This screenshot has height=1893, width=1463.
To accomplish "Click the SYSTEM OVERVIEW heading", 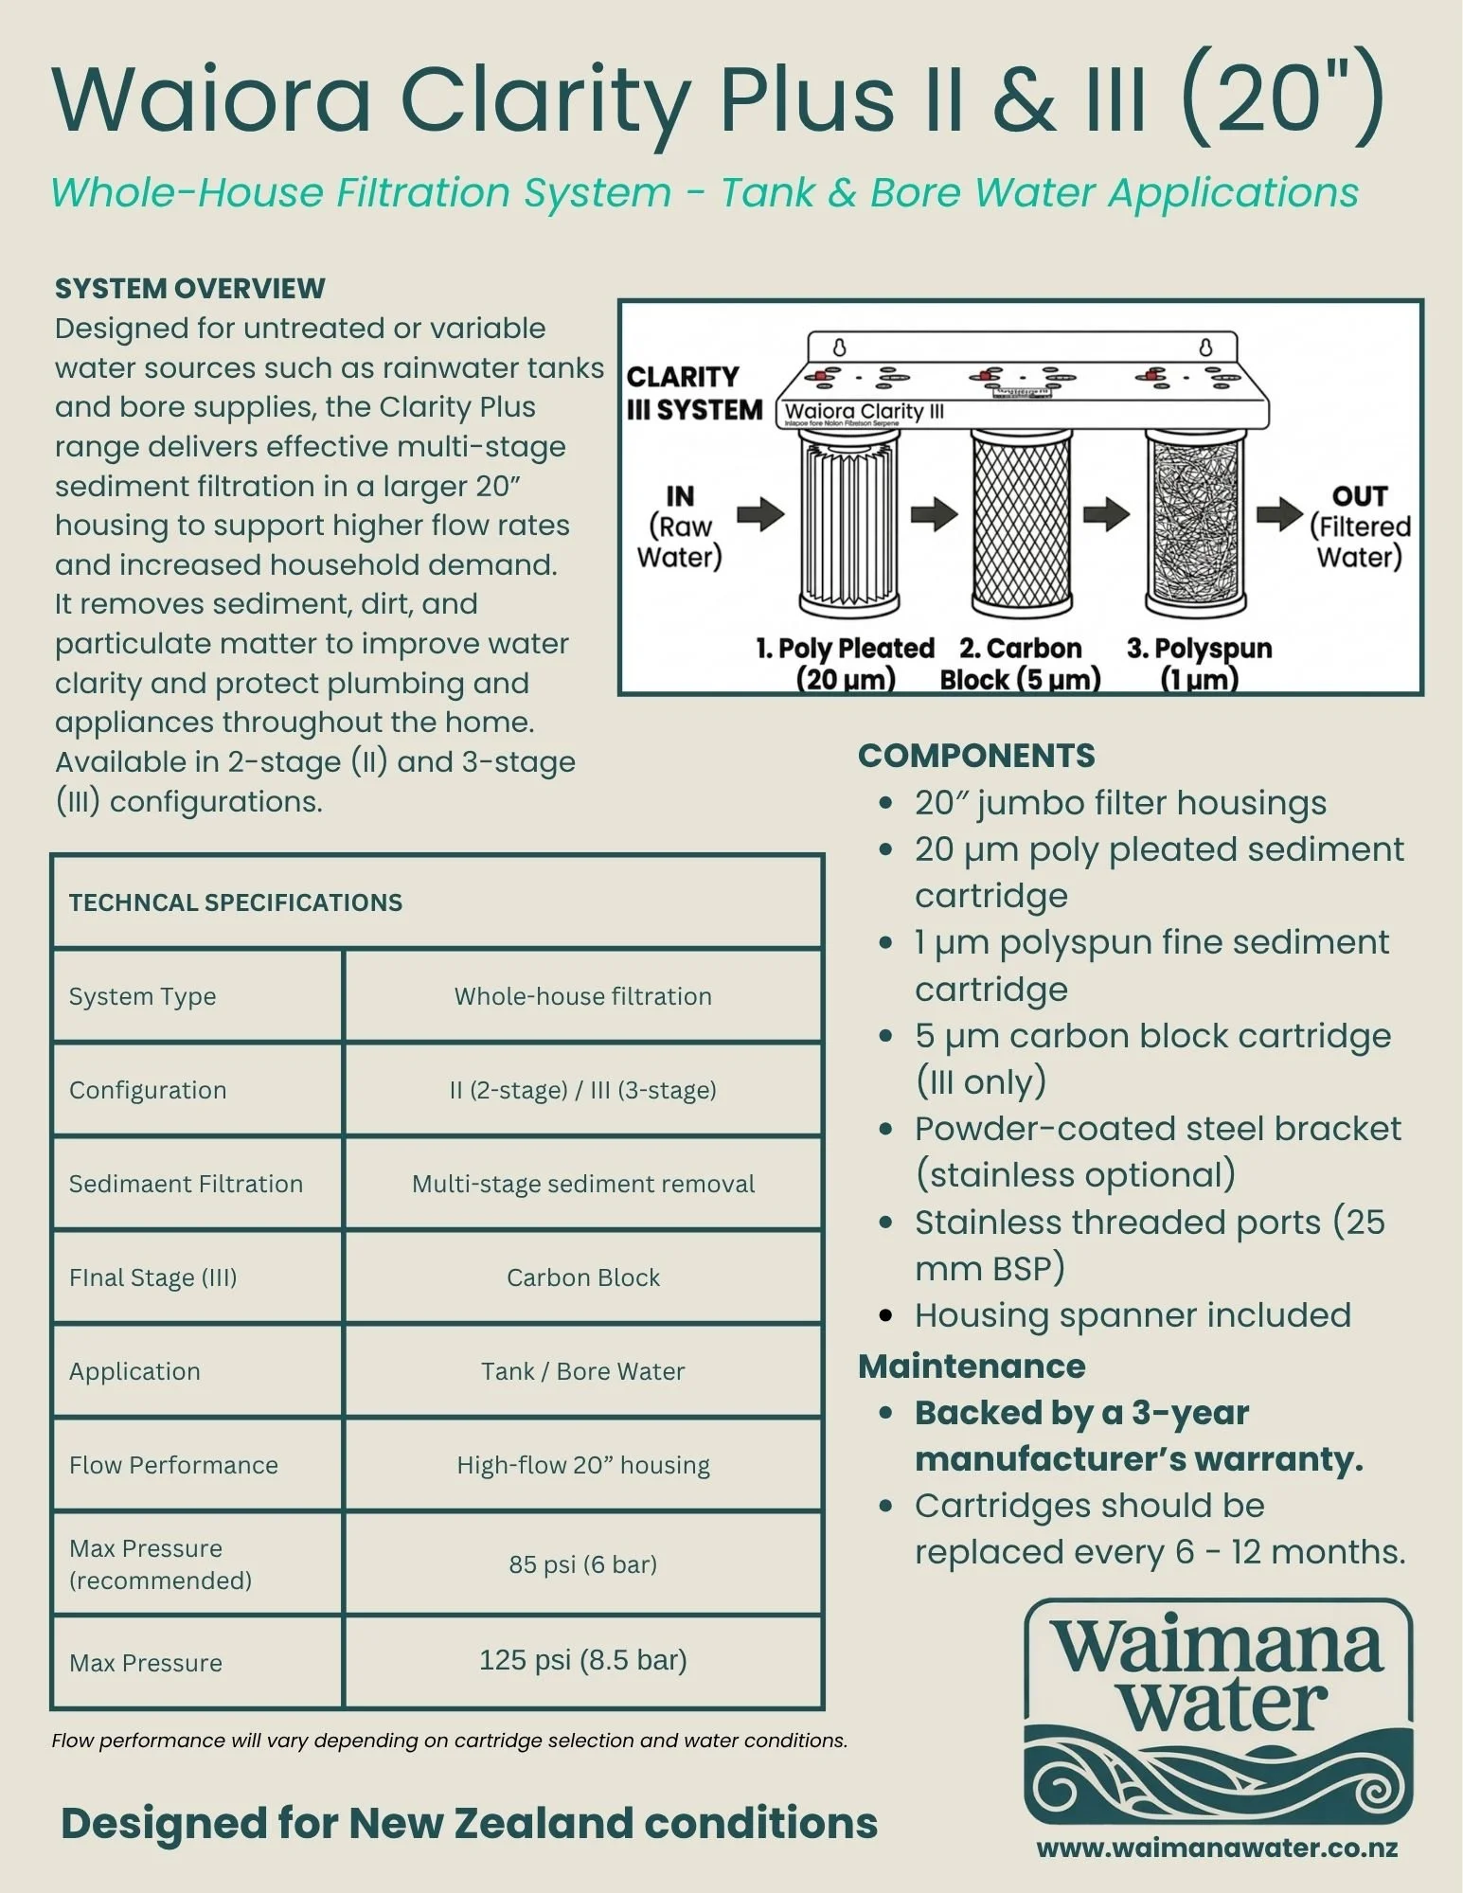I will click(189, 288).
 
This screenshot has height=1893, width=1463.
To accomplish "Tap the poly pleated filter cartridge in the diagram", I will click(848, 521).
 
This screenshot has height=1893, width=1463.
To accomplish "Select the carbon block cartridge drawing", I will click(1022, 521).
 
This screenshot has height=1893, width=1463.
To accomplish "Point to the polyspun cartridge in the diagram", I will click(1196, 521).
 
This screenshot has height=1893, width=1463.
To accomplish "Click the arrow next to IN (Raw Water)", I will click(760, 514).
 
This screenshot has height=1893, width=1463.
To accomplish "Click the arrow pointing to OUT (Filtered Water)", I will click(1279, 514).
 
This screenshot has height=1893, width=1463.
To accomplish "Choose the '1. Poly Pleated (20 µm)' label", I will click(846, 663).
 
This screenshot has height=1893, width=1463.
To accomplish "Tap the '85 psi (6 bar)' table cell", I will click(582, 1563).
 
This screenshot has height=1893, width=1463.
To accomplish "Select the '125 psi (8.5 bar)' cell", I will click(582, 1660).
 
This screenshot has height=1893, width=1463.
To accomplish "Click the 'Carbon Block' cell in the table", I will click(582, 1277).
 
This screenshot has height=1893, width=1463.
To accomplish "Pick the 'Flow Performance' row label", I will click(173, 1465).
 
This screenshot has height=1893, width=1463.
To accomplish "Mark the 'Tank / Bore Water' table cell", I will click(582, 1371).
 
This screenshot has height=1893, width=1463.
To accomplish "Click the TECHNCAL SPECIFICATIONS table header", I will click(236, 902).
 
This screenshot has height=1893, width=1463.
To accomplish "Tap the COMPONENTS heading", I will click(976, 756).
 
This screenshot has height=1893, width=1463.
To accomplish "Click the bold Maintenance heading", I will click(972, 1366).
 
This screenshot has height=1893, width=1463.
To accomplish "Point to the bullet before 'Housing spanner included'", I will click(885, 1315).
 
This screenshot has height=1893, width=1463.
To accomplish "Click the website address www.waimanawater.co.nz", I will click(1217, 1848).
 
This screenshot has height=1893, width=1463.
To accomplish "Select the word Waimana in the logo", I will click(1219, 1648).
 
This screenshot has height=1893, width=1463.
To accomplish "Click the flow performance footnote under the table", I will click(450, 1741).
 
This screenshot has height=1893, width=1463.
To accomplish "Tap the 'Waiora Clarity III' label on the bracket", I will click(864, 412).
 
